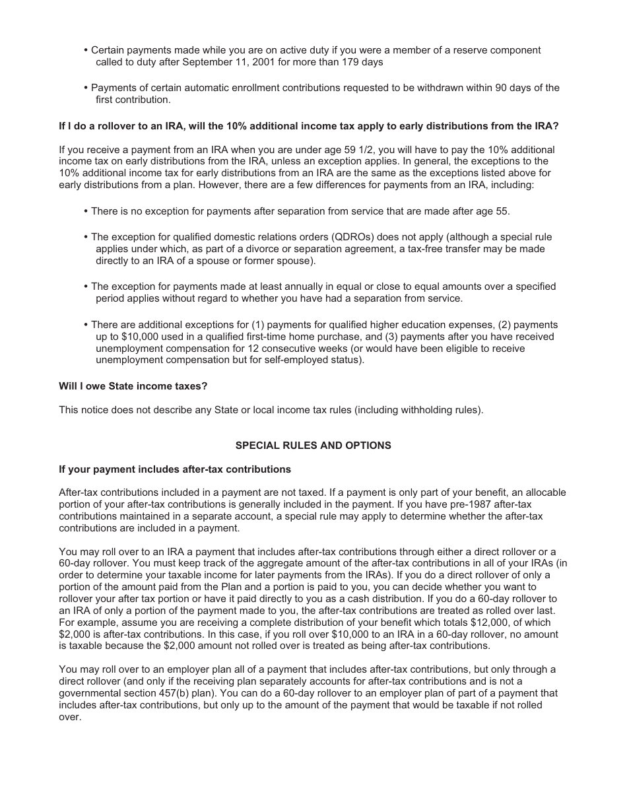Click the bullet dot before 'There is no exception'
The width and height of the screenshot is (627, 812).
(x=86, y=211)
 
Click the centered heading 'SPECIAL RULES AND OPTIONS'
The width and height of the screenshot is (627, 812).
(x=313, y=446)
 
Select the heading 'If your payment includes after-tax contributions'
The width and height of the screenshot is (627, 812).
(x=175, y=469)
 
